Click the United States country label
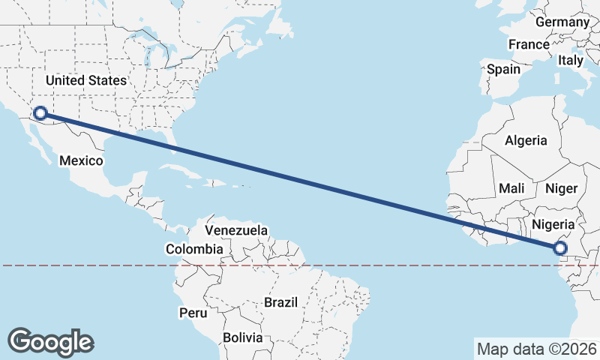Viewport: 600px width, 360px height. point(86,80)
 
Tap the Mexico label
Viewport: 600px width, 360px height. point(80,160)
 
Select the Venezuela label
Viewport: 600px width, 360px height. point(236,230)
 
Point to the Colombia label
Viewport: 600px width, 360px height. point(194,249)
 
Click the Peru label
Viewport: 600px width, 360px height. point(191,311)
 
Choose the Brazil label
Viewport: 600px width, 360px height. point(280,303)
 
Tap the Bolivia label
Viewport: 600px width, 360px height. point(242,337)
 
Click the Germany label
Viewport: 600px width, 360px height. point(562,22)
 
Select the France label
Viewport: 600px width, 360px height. point(529,45)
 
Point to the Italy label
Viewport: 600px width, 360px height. point(570,60)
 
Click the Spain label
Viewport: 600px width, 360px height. point(503,69)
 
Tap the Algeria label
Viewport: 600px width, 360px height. point(526,140)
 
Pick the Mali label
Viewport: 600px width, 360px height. point(511,188)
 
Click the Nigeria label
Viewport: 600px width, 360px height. point(553,224)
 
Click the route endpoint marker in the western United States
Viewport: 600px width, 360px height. point(40,113)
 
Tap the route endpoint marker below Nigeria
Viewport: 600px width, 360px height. point(559,248)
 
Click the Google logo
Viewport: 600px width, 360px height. point(51,342)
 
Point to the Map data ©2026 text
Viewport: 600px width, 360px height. point(536,349)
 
